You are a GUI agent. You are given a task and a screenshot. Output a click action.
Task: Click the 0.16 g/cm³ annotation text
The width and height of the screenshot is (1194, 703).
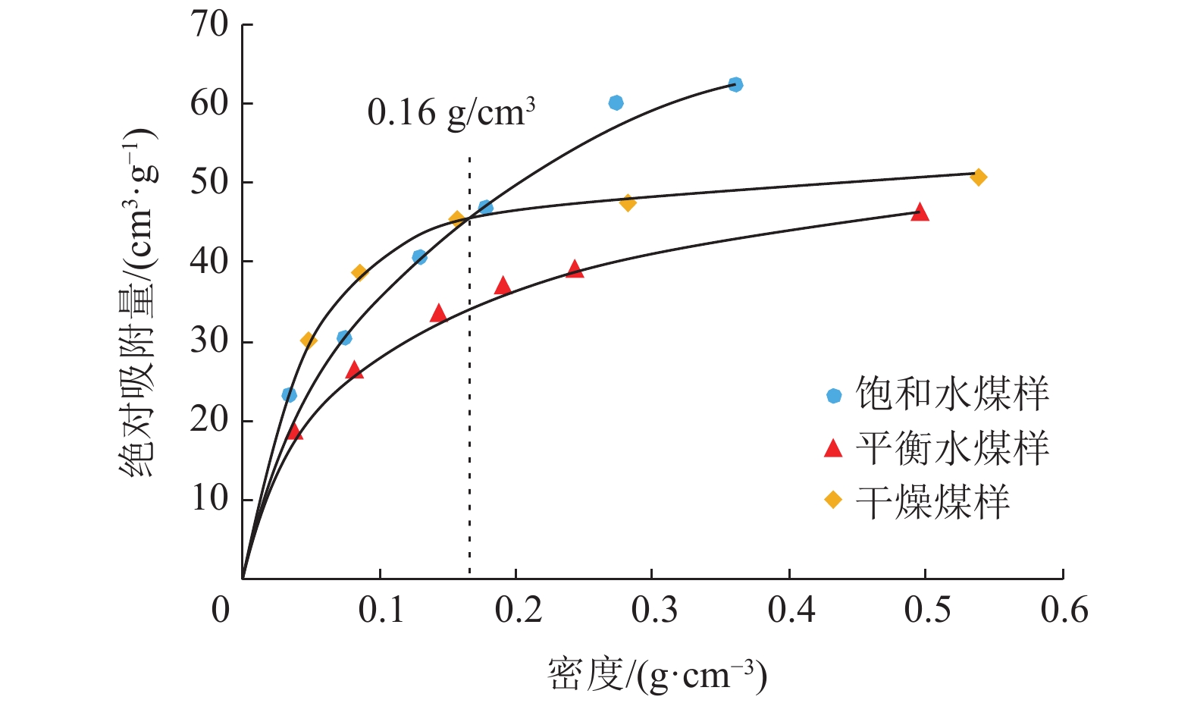pyautogui.click(x=451, y=113)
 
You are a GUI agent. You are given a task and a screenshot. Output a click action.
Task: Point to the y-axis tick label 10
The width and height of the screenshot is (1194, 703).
pyautogui.click(x=209, y=499)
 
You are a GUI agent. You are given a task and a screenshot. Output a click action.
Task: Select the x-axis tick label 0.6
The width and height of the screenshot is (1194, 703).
pyautogui.click(x=1064, y=610)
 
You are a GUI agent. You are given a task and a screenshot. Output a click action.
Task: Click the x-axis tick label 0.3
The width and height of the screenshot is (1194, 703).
pyautogui.click(x=654, y=610)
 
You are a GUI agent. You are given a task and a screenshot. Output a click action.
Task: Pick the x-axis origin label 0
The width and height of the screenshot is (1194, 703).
pyautogui.click(x=221, y=610)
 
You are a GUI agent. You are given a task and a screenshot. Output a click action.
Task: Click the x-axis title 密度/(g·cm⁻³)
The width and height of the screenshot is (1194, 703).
pyautogui.click(x=657, y=675)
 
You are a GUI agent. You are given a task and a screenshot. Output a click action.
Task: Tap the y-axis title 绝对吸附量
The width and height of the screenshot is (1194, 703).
pyautogui.click(x=138, y=303)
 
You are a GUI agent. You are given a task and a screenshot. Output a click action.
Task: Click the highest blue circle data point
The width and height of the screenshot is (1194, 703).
pyautogui.click(x=735, y=84)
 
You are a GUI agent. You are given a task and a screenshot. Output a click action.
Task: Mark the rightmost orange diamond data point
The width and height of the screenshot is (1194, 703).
pyautogui.click(x=979, y=177)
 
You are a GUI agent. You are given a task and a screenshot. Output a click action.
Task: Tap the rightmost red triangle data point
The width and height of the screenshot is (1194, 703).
pyautogui.click(x=920, y=212)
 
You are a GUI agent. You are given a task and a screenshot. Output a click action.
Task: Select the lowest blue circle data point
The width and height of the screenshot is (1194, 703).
pyautogui.click(x=289, y=394)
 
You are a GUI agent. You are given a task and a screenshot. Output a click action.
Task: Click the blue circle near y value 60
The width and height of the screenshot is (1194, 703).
pyautogui.click(x=616, y=102)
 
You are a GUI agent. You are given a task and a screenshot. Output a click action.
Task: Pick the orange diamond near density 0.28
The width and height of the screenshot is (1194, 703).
pyautogui.click(x=628, y=202)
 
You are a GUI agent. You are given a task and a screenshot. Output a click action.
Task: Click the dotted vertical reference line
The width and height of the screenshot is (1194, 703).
pyautogui.click(x=469, y=379)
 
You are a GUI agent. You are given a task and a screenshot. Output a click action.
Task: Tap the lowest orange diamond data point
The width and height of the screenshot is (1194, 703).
pyautogui.click(x=309, y=341)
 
